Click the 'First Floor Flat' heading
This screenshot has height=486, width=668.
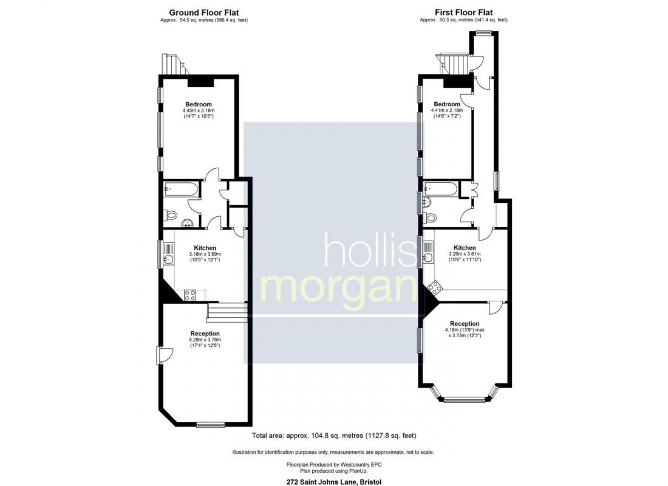[463, 12]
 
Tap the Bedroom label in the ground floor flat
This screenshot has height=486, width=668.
[198, 103]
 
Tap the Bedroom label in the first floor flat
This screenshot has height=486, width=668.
[445, 104]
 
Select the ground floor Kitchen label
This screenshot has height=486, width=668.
[205, 247]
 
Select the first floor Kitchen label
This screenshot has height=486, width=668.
[465, 247]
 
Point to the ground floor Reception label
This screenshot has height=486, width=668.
[205, 334]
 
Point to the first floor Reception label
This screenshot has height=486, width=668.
[465, 323]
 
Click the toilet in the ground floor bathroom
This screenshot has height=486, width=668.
[171, 214]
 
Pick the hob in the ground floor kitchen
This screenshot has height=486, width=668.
[189, 295]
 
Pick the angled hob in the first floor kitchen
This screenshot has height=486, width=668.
[434, 287]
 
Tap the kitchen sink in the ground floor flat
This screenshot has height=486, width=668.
[169, 259]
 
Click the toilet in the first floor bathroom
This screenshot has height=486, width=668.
[432, 217]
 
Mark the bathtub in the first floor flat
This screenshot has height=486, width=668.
[440, 188]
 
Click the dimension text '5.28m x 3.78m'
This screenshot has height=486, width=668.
[205, 340]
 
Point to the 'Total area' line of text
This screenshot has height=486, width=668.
[333, 436]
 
